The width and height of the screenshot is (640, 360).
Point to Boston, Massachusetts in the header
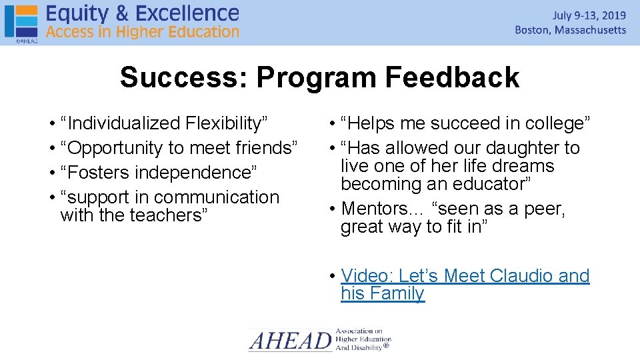571,30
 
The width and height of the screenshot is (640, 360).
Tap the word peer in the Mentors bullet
541,209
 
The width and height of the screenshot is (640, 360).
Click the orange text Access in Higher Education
143,31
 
